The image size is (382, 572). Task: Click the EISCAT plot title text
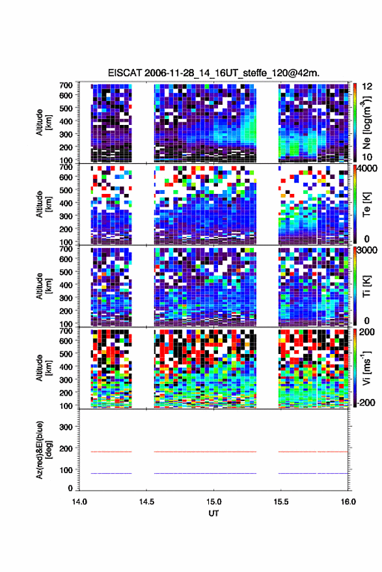point(213,73)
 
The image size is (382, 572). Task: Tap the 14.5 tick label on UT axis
point(146,502)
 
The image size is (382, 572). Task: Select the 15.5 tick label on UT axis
point(281,502)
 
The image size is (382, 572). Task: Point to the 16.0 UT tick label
point(348,502)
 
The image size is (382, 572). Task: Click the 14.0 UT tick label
point(79,502)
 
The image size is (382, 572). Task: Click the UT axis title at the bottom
point(213,513)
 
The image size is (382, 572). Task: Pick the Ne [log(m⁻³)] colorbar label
point(366,122)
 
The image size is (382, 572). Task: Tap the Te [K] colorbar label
point(366,204)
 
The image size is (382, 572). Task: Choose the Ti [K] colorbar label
point(366,286)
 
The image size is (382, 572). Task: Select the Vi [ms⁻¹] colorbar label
point(366,368)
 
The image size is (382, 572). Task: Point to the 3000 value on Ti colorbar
point(367,251)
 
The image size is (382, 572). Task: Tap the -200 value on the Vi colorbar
point(365,402)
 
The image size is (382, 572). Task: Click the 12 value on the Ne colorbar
point(367,87)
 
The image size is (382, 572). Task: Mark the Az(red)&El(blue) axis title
point(44,450)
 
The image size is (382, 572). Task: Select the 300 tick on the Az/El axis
point(66,427)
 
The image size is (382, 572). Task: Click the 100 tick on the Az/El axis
point(66,470)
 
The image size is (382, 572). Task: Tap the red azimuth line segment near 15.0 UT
point(205,452)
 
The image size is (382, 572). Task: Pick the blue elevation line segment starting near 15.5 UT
point(313,473)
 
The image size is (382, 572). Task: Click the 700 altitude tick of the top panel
point(66,85)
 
